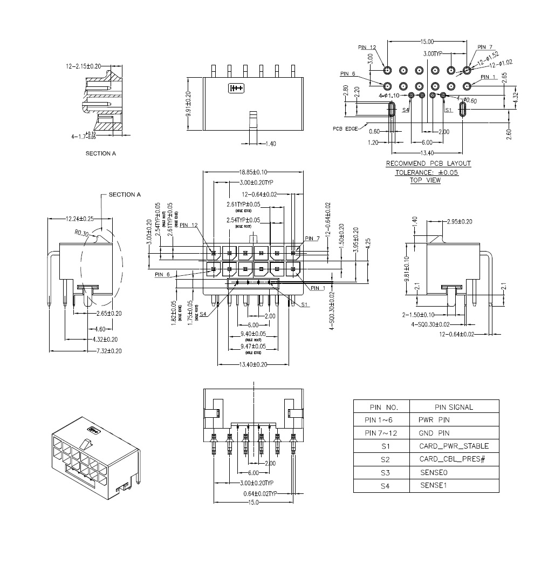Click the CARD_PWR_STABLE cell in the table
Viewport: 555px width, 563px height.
[454, 446]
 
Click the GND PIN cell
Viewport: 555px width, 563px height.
[434, 433]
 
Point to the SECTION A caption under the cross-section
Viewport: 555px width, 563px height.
[101, 153]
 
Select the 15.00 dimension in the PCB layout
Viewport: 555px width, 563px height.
[427, 41]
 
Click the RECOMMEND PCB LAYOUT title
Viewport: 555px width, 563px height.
[428, 164]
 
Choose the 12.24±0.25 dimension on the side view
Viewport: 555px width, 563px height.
[80, 219]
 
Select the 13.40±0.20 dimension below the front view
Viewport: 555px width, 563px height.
[253, 364]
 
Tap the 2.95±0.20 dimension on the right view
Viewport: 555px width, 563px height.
[460, 222]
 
